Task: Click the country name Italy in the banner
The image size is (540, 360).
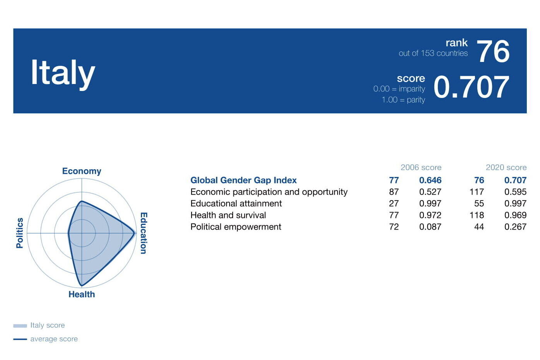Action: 63,74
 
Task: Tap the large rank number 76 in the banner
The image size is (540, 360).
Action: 493,51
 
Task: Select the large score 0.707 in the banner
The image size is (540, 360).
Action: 471,87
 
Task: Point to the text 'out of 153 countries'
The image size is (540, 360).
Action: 433,53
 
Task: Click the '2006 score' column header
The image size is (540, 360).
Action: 421,167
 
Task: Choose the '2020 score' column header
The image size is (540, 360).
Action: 506,167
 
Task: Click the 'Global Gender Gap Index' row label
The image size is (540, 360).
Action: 243,180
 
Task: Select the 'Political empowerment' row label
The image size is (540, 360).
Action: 236,227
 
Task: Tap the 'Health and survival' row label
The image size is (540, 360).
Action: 228,215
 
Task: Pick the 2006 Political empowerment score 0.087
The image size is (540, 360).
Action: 430,227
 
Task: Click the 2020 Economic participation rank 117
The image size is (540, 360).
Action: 477,192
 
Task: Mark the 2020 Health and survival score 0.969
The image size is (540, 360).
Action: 515,215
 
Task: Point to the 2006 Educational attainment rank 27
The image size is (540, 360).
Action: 394,204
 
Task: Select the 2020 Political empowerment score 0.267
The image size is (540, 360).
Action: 515,227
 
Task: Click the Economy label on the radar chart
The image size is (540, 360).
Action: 82,171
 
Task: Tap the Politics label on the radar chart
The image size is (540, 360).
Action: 20,233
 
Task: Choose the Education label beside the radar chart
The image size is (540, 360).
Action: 144,233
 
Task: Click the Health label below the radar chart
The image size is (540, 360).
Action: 82,295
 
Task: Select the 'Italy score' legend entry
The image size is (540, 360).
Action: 39,326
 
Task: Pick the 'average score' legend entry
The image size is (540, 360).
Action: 46,339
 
